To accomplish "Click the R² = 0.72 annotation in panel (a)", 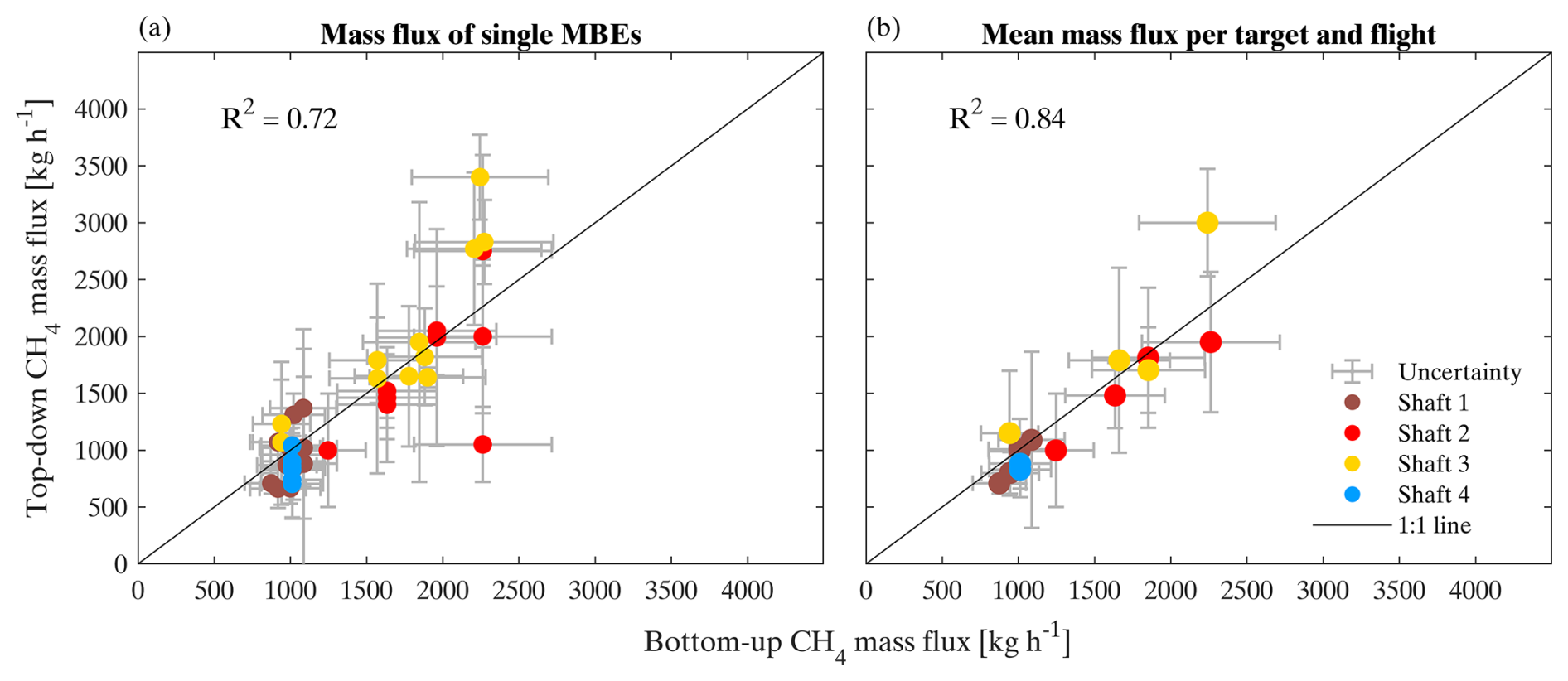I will click(x=278, y=118).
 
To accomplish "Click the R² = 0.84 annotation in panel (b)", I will click(x=1006, y=118).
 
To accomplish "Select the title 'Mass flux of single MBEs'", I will click(x=481, y=34).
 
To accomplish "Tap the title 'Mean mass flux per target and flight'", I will click(x=1208, y=34).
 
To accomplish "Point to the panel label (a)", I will click(x=155, y=29).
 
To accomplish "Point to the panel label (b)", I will click(x=883, y=29).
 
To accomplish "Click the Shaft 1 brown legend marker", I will click(x=1352, y=403).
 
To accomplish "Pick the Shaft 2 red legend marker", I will click(x=1352, y=433).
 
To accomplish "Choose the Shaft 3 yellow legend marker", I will click(x=1352, y=464).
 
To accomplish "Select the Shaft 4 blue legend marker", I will click(x=1352, y=495).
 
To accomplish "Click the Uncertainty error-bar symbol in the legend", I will click(x=1352, y=372).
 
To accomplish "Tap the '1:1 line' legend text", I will click(x=1434, y=525).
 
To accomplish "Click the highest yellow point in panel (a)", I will click(x=480, y=177).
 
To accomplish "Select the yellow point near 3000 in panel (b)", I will click(x=1207, y=223).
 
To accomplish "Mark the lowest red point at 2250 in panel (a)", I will click(x=482, y=445).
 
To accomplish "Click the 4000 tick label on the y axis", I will click(x=100, y=109).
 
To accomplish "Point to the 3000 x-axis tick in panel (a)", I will click(x=595, y=591).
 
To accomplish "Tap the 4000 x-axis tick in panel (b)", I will click(x=1475, y=591).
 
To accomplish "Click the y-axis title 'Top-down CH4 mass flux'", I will click(x=37, y=307).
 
